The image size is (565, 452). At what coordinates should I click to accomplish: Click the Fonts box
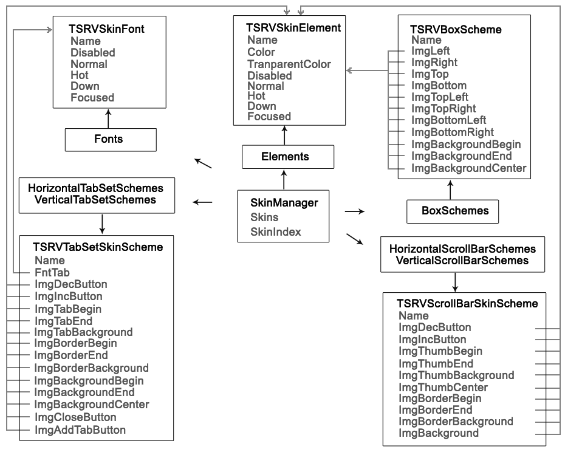(110, 139)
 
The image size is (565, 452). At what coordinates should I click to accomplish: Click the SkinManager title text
(284, 202)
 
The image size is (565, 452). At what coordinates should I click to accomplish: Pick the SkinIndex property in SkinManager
(275, 231)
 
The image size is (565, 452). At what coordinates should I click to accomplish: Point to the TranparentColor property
(289, 64)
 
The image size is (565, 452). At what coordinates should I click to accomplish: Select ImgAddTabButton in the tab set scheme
(80, 430)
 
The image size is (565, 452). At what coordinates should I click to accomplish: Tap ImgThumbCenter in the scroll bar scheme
(443, 387)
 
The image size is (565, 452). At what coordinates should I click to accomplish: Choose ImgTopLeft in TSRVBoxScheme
(440, 97)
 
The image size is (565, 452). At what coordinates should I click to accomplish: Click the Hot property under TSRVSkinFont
(80, 75)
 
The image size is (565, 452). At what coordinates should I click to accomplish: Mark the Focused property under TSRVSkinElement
(269, 116)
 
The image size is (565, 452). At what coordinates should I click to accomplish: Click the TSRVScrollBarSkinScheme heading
(467, 303)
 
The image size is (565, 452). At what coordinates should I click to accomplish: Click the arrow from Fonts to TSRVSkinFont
(108, 119)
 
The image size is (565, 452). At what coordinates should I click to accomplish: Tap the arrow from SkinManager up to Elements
(284, 179)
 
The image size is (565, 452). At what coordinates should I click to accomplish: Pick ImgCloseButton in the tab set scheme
(75, 417)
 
